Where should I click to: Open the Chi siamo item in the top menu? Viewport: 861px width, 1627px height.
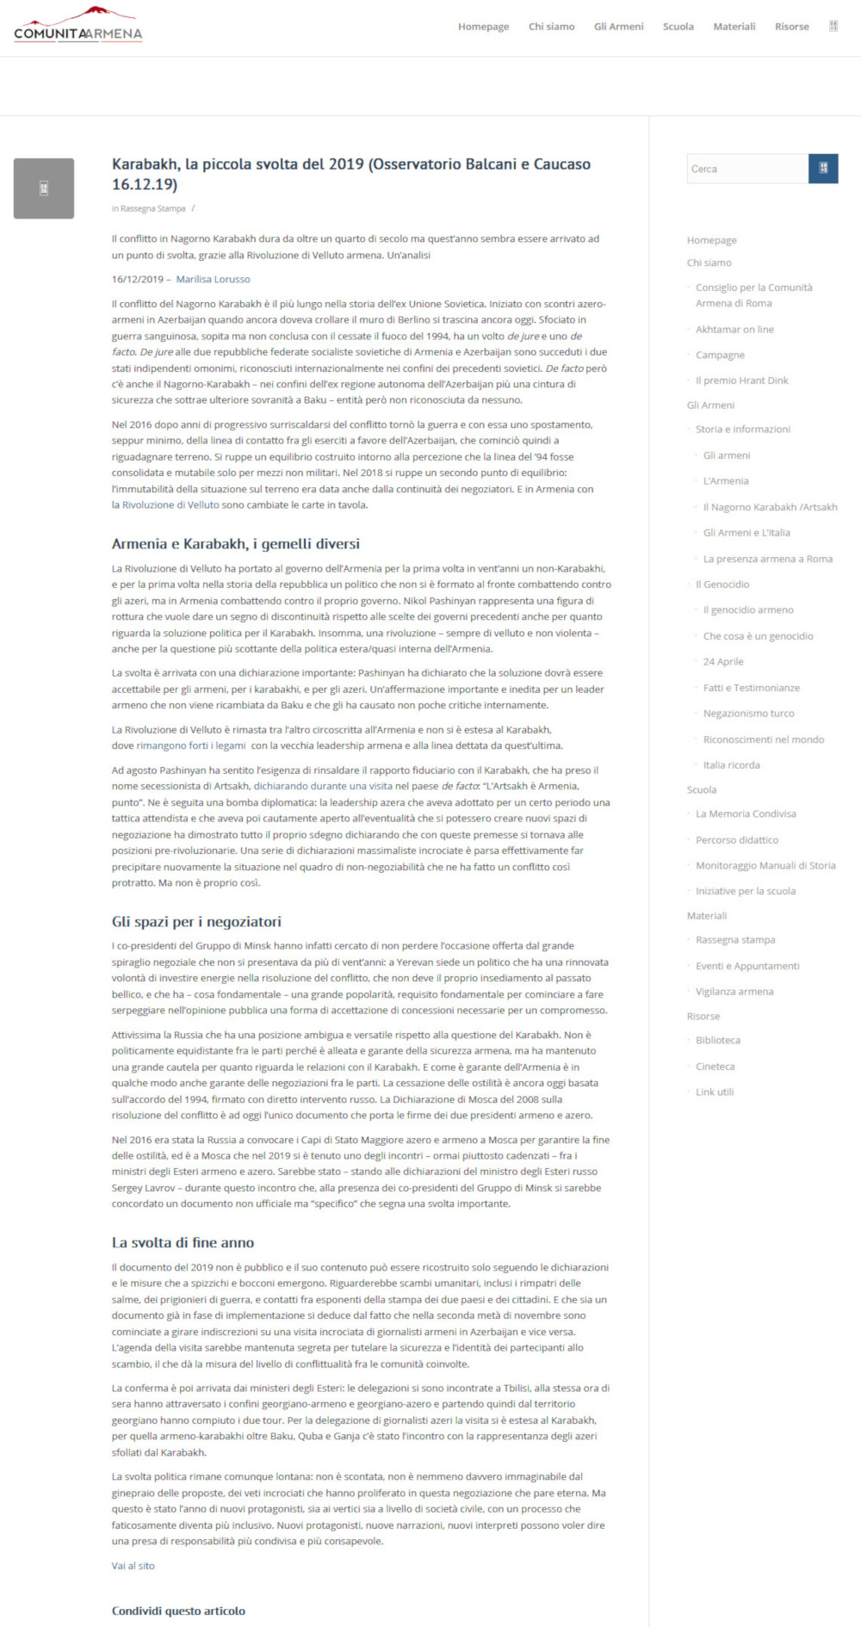point(551,27)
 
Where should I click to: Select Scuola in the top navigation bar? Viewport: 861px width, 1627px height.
point(678,27)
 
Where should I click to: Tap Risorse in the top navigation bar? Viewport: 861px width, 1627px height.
point(791,27)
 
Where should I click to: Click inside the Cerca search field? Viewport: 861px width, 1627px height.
point(746,169)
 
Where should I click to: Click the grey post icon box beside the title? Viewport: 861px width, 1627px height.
point(44,189)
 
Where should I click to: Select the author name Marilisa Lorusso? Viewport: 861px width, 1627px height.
point(213,279)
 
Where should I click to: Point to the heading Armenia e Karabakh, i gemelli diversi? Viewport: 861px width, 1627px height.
point(235,544)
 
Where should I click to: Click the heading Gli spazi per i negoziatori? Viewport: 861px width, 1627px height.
point(196,922)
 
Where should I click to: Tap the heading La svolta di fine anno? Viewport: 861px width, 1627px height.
point(183,1243)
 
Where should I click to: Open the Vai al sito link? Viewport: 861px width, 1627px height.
point(133,1566)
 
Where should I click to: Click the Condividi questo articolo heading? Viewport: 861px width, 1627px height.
point(178,1611)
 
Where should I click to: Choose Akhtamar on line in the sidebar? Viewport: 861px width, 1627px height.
point(734,329)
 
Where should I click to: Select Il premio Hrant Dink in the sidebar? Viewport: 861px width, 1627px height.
point(741,380)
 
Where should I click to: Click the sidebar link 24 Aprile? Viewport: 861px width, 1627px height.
point(723,662)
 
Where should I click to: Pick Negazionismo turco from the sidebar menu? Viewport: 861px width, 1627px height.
point(748,714)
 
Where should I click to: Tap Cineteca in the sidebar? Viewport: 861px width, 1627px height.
point(715,1067)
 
